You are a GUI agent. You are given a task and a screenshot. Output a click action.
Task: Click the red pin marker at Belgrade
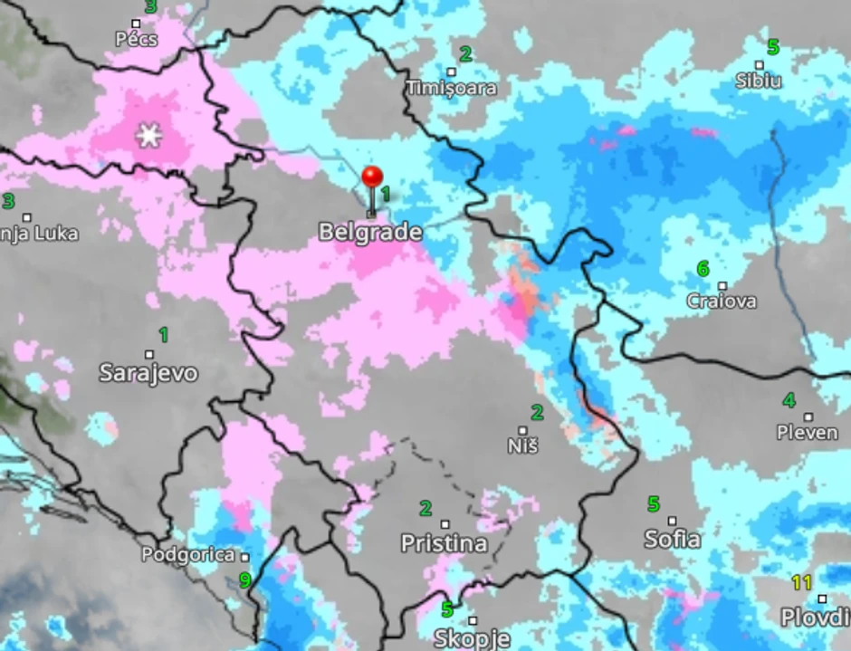point(372,177)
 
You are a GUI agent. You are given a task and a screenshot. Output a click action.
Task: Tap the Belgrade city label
point(370,233)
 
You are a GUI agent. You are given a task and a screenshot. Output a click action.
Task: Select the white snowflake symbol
point(148,137)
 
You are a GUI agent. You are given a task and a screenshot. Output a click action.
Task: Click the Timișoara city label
point(452,88)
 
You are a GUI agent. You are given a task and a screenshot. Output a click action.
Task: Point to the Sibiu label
point(759,81)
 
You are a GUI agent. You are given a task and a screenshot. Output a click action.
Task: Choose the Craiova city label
point(722,301)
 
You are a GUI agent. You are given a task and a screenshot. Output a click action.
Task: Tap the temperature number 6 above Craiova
point(703,269)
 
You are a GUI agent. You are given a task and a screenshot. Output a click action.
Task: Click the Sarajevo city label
point(148,372)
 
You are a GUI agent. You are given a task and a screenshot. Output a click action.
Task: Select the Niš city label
point(523,446)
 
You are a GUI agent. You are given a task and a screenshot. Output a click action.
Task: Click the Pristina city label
point(444,543)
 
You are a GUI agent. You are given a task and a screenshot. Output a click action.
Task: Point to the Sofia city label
point(672,540)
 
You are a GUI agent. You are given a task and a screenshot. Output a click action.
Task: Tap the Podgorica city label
point(188,555)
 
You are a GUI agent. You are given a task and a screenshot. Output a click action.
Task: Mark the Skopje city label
point(471,638)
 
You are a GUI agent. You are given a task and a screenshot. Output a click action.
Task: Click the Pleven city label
point(808,433)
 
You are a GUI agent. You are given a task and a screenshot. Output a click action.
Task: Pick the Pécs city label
point(137,39)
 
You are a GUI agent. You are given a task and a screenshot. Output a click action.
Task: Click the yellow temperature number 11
point(801,582)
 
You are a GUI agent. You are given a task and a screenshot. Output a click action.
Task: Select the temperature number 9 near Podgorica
point(244,580)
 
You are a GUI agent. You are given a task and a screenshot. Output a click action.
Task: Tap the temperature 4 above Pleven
point(789,400)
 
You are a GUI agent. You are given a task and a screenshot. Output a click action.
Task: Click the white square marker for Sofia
point(672,521)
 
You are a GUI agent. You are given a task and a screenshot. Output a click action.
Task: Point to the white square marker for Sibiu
point(760,64)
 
